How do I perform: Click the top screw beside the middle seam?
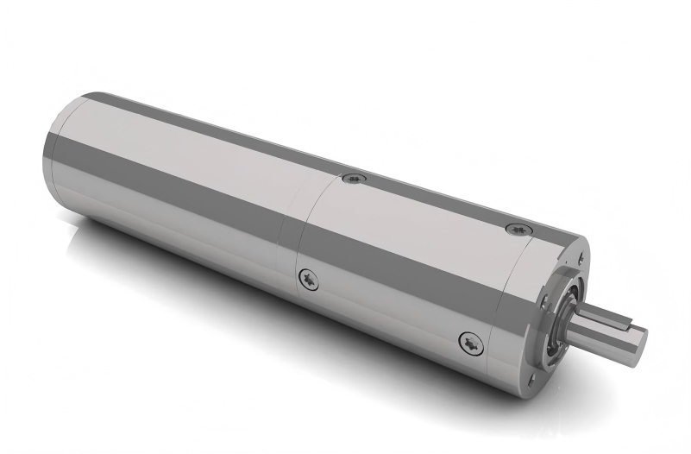(354, 179)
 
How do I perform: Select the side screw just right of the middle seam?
(308, 278)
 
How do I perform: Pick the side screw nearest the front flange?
(470, 343)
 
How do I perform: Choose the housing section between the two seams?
(405, 259)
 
